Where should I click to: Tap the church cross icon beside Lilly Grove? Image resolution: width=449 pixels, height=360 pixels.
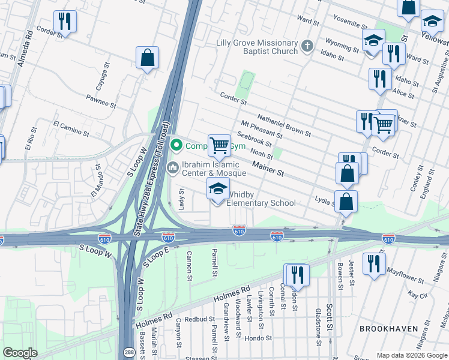click(307, 46)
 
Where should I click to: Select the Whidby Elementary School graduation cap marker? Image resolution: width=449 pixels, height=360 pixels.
click(218, 189)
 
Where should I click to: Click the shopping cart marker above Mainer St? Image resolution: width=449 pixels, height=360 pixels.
click(219, 145)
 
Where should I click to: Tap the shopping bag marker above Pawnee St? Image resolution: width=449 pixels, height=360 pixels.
click(147, 58)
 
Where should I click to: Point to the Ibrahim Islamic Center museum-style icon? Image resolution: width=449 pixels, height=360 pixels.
click(173, 166)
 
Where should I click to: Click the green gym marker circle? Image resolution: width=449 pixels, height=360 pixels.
click(176, 145)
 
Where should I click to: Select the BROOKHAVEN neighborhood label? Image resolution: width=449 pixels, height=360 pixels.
click(385, 329)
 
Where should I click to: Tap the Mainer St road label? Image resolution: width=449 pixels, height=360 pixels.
click(268, 168)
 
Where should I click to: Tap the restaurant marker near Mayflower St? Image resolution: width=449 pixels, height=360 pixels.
click(374, 264)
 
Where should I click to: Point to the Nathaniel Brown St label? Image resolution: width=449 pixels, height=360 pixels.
click(284, 125)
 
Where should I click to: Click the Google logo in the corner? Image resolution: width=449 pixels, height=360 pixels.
click(20, 353)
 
